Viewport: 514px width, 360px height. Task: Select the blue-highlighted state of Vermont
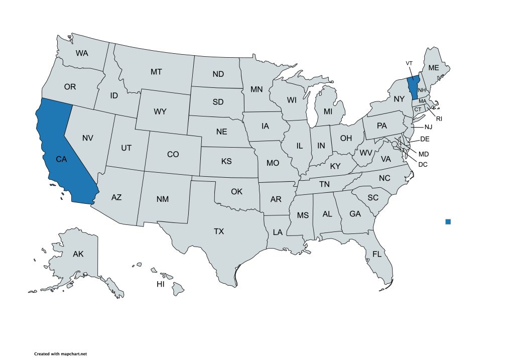click(x=413, y=85)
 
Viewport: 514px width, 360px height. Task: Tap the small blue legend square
click(x=448, y=221)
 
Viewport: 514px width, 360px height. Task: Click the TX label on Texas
click(x=219, y=231)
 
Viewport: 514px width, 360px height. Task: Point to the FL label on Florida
click(x=377, y=254)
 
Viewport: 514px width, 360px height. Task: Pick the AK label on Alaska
click(x=78, y=254)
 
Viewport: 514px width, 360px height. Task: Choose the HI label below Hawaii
click(x=161, y=284)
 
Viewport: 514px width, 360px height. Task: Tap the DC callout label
click(x=423, y=164)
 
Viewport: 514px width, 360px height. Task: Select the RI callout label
click(x=439, y=119)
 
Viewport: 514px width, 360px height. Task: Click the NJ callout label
click(x=428, y=127)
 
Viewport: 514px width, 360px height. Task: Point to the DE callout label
click(x=424, y=139)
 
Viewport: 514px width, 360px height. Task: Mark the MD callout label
click(x=424, y=154)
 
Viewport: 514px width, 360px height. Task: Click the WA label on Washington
click(x=82, y=53)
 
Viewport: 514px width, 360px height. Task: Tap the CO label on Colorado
click(x=173, y=154)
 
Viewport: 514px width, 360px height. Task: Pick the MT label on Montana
click(x=156, y=72)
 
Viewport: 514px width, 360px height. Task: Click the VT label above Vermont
click(x=409, y=63)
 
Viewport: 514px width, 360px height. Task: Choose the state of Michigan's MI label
click(x=328, y=111)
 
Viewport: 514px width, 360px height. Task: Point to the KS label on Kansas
click(x=226, y=162)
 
